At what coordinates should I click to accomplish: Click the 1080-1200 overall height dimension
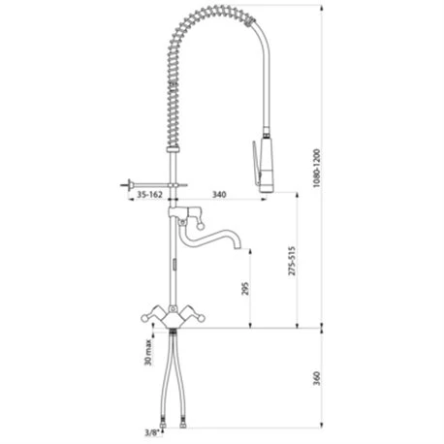click(x=318, y=168)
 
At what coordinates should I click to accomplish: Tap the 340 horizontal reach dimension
click(x=219, y=195)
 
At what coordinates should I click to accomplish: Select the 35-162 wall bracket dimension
click(x=149, y=195)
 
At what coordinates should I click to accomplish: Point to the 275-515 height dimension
click(x=292, y=261)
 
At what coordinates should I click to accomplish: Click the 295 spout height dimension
click(x=245, y=289)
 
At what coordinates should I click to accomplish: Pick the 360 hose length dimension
click(x=317, y=378)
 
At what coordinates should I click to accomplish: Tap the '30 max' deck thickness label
click(x=148, y=352)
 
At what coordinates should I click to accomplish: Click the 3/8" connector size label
click(x=152, y=432)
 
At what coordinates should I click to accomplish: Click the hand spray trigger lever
click(x=256, y=163)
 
